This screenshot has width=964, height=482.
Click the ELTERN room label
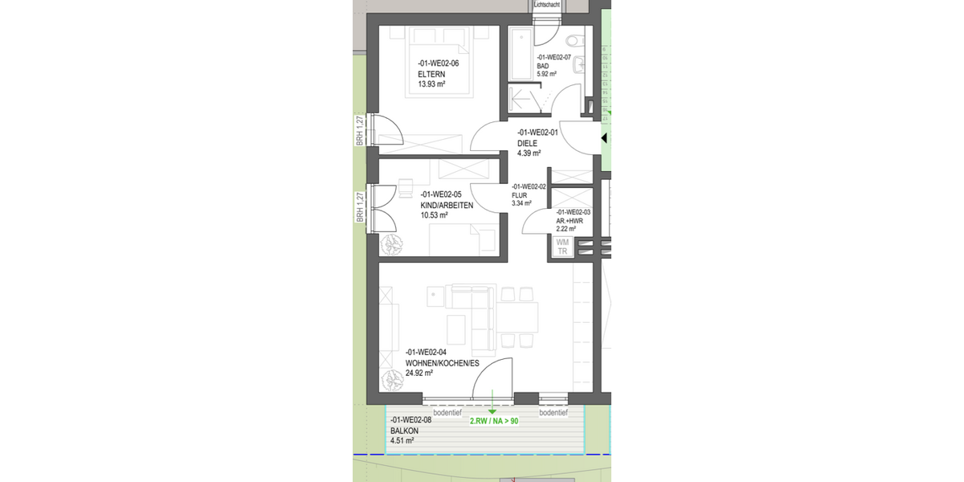pos(431,74)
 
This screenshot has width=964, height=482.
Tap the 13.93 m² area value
pos(431,84)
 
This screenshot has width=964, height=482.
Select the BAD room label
pos(543,66)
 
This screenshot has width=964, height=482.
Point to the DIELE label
pos(528,143)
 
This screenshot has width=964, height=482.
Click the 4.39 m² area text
pos(529,153)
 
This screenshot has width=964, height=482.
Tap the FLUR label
pos(519,194)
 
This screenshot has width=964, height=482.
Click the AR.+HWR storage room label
pos(570,220)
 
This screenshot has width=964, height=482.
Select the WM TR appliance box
pos(562,247)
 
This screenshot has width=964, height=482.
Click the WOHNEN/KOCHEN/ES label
pos(442,363)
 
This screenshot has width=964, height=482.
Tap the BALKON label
pos(405,431)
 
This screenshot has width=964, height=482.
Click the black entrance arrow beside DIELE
pos(603,138)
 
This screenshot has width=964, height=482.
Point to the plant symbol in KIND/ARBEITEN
pos(391,244)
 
